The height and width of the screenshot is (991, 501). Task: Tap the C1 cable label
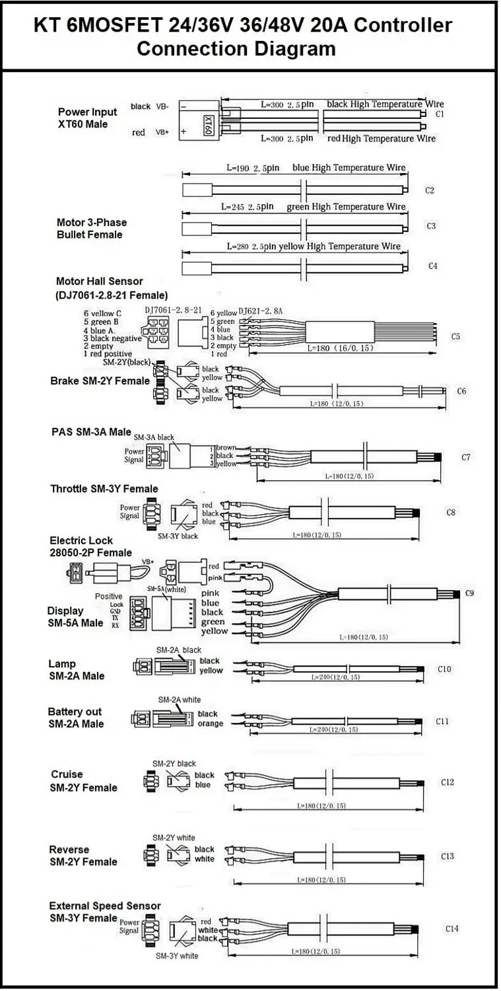[x=440, y=114]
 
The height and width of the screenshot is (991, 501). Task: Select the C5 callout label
[x=455, y=336]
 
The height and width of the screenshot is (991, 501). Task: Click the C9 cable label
[x=470, y=593]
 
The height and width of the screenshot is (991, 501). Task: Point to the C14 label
[x=451, y=928]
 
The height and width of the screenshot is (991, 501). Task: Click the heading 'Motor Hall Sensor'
[x=99, y=281]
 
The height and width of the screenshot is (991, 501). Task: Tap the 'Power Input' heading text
[x=88, y=112]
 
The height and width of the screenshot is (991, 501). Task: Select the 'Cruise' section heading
[x=67, y=774]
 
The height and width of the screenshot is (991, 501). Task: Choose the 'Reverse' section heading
[x=69, y=849]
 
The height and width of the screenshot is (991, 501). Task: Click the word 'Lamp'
[x=62, y=663]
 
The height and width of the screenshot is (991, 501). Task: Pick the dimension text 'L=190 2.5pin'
[x=253, y=168]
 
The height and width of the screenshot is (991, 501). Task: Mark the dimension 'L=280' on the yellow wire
[x=240, y=246]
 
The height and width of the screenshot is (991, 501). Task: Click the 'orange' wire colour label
[x=210, y=723]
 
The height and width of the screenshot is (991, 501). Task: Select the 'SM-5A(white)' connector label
[x=165, y=588]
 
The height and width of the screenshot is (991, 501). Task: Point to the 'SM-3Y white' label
[x=177, y=955]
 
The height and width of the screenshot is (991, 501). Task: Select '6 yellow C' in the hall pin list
[x=102, y=313]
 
